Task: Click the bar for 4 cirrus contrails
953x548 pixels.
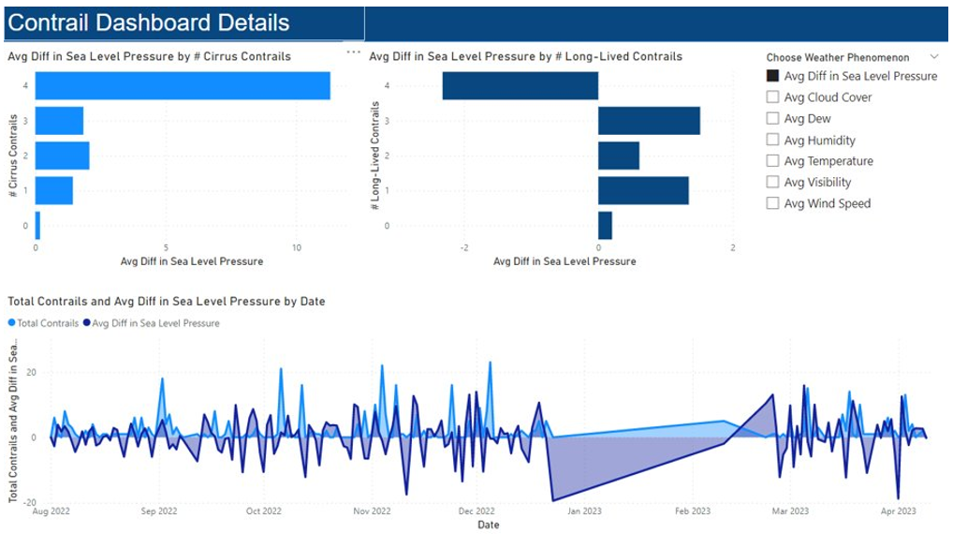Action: (183, 86)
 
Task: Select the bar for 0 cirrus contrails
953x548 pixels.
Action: (37, 226)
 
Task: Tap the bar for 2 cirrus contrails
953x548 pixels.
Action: (62, 156)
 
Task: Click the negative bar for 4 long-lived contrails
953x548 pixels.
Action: (520, 86)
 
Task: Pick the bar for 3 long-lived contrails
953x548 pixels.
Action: (649, 121)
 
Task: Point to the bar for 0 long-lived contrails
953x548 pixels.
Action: (606, 226)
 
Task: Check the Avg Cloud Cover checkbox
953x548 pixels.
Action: (772, 96)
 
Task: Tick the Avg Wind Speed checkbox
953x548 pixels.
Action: (772, 203)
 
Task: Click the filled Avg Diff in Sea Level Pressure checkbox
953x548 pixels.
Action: (772, 76)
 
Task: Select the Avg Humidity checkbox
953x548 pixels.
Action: (772, 140)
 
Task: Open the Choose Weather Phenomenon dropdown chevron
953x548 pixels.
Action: (934, 56)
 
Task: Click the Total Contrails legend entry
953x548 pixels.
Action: (43, 323)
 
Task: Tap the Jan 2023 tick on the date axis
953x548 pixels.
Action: (584, 511)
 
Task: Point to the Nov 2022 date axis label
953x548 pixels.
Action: (372, 511)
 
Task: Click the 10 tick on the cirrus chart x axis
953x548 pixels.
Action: (297, 247)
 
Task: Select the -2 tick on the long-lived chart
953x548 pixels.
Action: (464, 247)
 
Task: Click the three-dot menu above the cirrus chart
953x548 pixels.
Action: (353, 52)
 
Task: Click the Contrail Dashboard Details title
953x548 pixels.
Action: (149, 22)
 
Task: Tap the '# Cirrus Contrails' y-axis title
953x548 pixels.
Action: (13, 156)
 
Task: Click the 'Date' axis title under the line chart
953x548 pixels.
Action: (489, 525)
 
